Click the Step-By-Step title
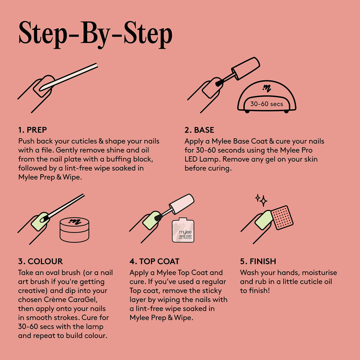95,35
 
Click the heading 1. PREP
32,130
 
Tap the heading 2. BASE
199,130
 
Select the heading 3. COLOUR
40,261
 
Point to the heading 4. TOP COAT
154,261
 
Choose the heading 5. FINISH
258,261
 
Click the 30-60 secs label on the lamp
266,104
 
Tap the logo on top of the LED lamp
267,88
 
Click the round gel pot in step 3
75,230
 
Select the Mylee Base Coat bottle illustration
183,230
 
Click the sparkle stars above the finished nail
261,200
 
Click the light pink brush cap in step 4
181,204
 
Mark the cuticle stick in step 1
68,77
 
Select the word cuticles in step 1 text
84,141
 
